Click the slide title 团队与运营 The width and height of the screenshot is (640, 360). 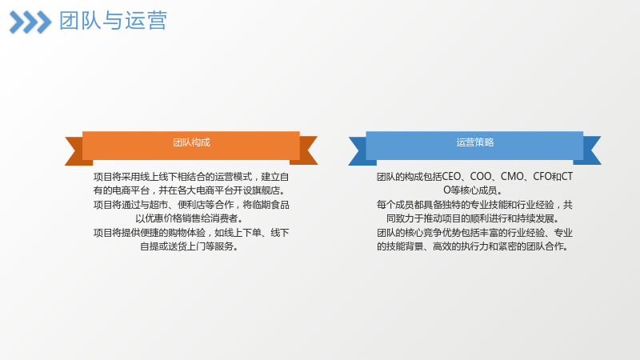[x=113, y=21]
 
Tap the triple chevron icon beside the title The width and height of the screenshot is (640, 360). [x=30, y=22]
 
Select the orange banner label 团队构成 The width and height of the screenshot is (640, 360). [x=191, y=142]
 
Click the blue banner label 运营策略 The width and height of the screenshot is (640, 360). [x=474, y=142]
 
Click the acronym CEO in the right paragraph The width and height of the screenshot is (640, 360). [x=451, y=177]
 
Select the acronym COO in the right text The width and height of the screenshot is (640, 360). [x=481, y=177]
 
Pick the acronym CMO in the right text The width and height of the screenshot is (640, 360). [x=512, y=177]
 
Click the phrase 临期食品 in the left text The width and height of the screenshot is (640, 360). [x=270, y=205]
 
